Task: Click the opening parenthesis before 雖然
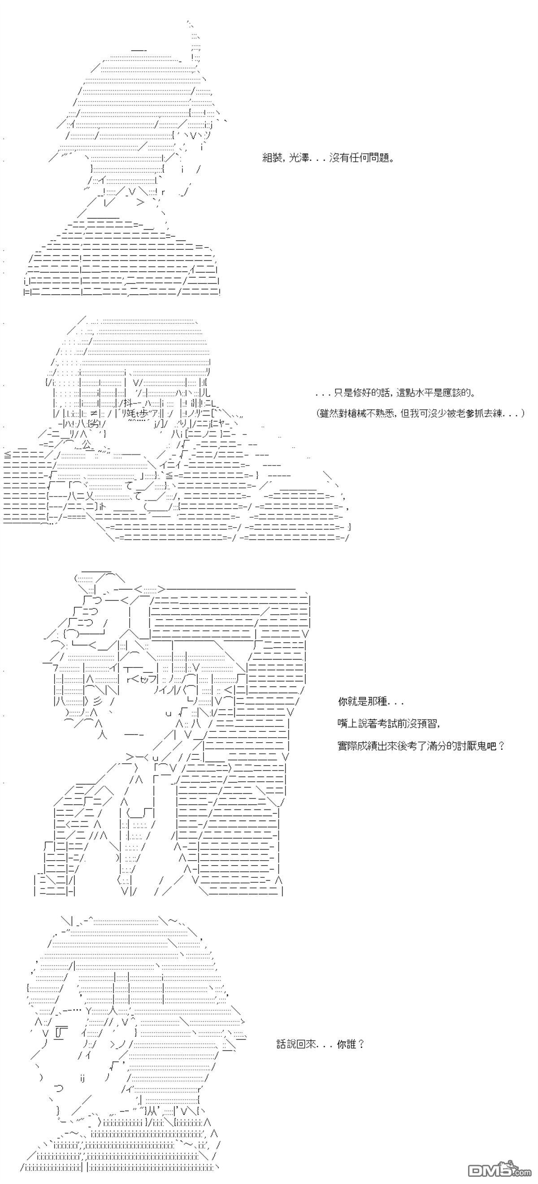tap(318, 413)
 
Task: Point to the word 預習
tap(429, 724)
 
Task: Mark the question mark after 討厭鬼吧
tap(501, 746)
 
